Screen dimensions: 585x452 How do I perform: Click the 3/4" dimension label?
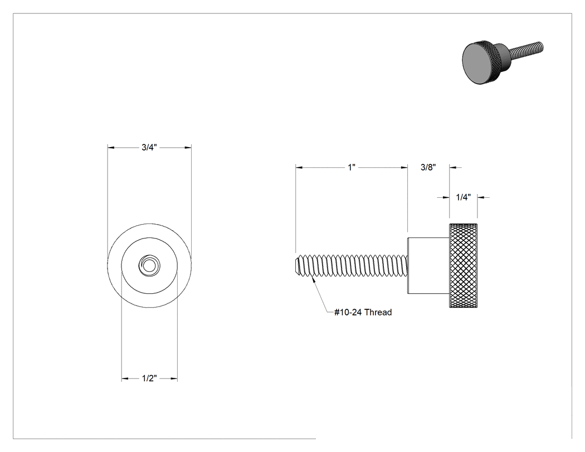[x=149, y=148]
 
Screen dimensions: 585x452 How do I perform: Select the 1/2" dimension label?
[x=149, y=378]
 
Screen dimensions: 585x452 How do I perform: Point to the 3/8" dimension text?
[x=428, y=167]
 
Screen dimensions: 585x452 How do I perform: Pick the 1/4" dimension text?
[x=464, y=197]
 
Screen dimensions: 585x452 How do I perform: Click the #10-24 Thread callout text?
[x=363, y=312]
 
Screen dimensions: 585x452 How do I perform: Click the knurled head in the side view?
[x=463, y=265]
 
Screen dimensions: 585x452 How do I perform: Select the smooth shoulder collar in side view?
[x=428, y=265]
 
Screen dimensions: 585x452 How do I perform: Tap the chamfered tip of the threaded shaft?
[x=297, y=265]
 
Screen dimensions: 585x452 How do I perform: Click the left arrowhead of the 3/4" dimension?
[x=111, y=148]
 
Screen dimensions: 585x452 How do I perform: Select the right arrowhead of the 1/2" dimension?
[x=174, y=378]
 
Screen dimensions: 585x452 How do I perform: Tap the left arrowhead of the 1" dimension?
[x=299, y=168]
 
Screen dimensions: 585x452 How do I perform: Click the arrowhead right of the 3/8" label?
[x=453, y=168]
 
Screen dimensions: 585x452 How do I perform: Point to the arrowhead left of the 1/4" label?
[x=446, y=197]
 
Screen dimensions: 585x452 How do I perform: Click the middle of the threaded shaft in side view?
[x=350, y=265]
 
